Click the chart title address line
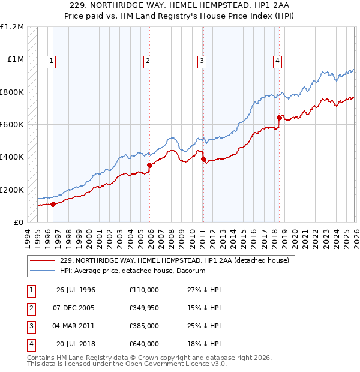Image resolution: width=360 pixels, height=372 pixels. point(180,5)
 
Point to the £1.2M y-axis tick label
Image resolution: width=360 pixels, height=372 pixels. point(12,27)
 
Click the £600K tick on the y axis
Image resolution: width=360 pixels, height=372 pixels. point(12,125)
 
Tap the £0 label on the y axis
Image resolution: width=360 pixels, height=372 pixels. point(19,222)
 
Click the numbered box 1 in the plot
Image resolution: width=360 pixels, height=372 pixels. point(52,60)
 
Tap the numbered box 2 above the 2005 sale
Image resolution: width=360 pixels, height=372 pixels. point(148,60)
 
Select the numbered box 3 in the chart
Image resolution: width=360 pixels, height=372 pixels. point(202,60)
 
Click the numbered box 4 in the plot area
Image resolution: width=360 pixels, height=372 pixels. point(278,60)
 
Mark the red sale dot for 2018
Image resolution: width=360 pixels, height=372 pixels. point(279,118)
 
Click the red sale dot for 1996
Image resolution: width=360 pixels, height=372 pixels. point(53,204)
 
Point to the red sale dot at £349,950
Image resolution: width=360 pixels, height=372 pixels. point(150,166)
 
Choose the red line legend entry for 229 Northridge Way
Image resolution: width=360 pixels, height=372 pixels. point(175,260)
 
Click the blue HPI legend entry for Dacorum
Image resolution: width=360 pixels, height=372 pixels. point(133,271)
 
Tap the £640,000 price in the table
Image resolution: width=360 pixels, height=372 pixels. point(144,344)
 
